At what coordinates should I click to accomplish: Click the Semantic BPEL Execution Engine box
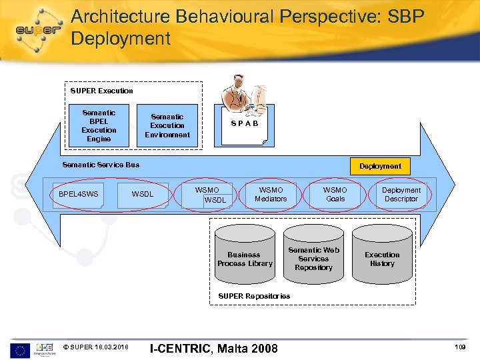tap(99, 126)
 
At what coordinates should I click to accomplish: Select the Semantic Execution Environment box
tap(167, 125)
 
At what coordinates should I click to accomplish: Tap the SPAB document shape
tap(244, 125)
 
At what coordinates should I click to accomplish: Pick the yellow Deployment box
tap(381, 166)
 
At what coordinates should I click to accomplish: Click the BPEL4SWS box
tap(78, 195)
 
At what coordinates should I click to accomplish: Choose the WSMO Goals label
tap(335, 194)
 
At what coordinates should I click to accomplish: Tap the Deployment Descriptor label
tap(401, 194)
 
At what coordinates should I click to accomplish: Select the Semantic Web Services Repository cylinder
tap(313, 257)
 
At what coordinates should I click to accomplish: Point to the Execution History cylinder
tap(382, 258)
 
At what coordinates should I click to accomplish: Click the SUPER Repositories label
tap(255, 296)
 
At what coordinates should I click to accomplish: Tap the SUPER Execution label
tap(102, 91)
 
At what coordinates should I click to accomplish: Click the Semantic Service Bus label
tap(101, 165)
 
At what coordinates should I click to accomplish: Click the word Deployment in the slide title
tap(121, 39)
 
